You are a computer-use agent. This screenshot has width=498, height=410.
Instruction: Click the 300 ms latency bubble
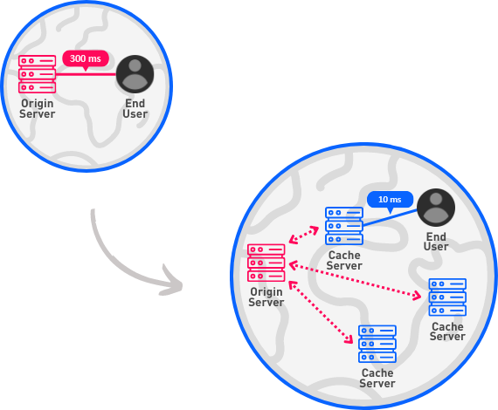pyautogui.click(x=86, y=59)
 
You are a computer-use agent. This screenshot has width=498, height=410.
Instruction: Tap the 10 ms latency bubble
pyautogui.click(x=390, y=200)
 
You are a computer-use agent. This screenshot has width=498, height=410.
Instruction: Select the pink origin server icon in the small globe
pyautogui.click(x=38, y=74)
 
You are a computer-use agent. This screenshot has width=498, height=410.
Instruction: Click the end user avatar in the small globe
pyautogui.click(x=135, y=74)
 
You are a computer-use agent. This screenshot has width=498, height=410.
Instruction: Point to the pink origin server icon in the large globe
pyautogui.click(x=266, y=263)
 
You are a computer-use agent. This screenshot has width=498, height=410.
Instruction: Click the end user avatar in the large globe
pyautogui.click(x=436, y=208)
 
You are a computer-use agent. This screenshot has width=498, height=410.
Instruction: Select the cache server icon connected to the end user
pyautogui.click(x=344, y=226)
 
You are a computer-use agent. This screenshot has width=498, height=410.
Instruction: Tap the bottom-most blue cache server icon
pyautogui.click(x=377, y=344)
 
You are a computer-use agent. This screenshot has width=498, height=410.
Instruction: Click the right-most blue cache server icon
pyautogui.click(x=447, y=297)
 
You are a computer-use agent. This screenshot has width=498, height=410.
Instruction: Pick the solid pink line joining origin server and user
pyautogui.click(x=86, y=74)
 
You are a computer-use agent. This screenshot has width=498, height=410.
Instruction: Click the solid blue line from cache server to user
pyautogui.click(x=390, y=217)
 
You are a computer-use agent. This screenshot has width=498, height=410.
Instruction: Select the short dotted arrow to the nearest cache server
pyautogui.click(x=304, y=235)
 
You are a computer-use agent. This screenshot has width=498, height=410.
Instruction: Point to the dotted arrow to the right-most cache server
pyautogui.click(x=355, y=280)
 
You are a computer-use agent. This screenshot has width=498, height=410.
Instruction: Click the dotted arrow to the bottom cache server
pyautogui.click(x=321, y=312)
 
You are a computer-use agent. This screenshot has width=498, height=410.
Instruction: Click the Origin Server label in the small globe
pyautogui.click(x=38, y=109)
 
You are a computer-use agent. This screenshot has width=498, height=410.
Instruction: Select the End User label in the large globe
pyautogui.click(x=436, y=242)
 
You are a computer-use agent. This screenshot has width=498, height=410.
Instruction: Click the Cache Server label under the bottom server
pyautogui.click(x=377, y=378)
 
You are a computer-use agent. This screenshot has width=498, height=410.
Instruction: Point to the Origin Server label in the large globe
pyautogui.click(x=266, y=297)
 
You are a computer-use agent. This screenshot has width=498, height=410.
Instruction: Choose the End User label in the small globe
pyautogui.click(x=135, y=109)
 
